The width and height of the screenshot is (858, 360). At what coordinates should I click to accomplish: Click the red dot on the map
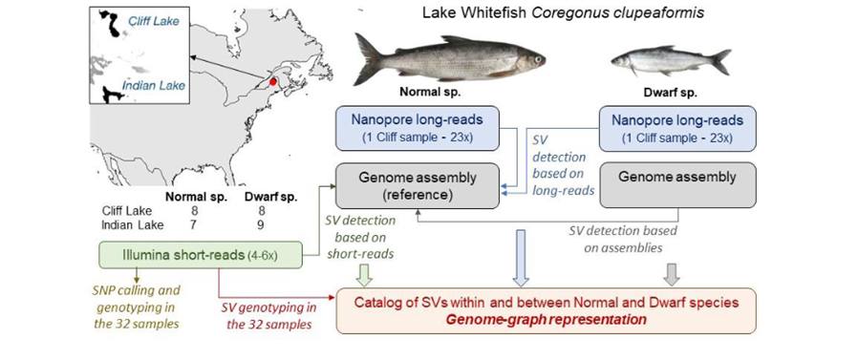coord(272,83)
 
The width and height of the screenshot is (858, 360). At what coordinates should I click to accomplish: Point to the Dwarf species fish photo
coord(669,64)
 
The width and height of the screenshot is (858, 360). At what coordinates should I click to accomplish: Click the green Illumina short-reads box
coord(202,255)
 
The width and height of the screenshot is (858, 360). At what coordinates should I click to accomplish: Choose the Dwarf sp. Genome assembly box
coord(677,178)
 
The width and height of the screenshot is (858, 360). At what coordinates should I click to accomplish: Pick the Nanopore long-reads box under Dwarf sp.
coord(677,128)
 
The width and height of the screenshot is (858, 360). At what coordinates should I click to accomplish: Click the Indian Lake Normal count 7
coord(194,225)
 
